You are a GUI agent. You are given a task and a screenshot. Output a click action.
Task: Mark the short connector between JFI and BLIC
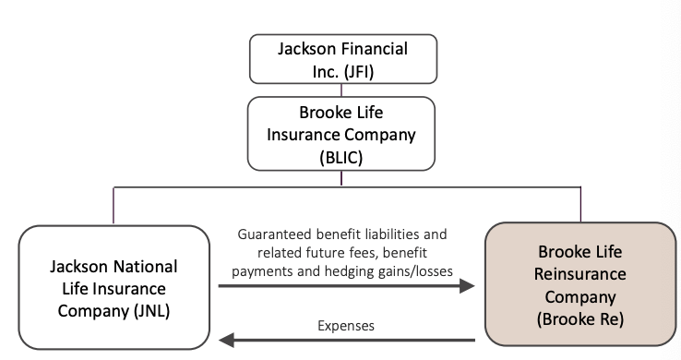(341, 90)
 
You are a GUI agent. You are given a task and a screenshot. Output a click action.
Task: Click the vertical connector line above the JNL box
(113, 205)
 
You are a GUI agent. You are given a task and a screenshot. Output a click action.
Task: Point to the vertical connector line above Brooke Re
(580, 205)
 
